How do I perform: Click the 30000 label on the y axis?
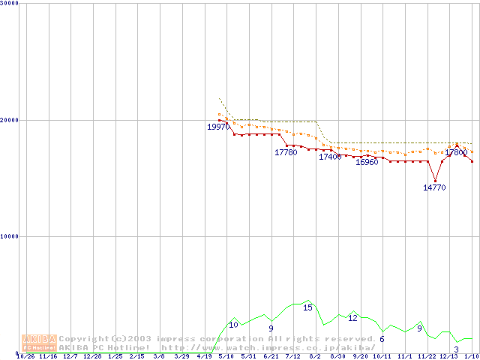pyautogui.click(x=10, y=3)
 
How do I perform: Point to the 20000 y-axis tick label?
pyautogui.click(x=10, y=120)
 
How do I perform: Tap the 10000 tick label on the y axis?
pyautogui.click(x=10, y=236)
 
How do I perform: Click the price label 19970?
pyautogui.click(x=218, y=127)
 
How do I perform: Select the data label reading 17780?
pyautogui.click(x=286, y=153)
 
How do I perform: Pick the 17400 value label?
pyautogui.click(x=330, y=157)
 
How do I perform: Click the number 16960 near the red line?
pyautogui.click(x=367, y=163)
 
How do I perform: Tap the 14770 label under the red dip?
pyautogui.click(x=434, y=188)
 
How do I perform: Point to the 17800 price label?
pyautogui.click(x=456, y=153)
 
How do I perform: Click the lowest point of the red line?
pyautogui.click(x=435, y=181)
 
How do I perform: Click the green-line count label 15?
pyautogui.click(x=307, y=308)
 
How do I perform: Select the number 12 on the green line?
pyautogui.click(x=352, y=319)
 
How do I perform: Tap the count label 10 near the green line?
pyautogui.click(x=233, y=325)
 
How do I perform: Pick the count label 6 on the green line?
pyautogui.click(x=382, y=340)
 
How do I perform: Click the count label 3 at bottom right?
pyautogui.click(x=457, y=350)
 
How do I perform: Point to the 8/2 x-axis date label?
pyautogui.click(x=315, y=357)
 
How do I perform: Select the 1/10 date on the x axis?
pyautogui.click(x=472, y=357)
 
